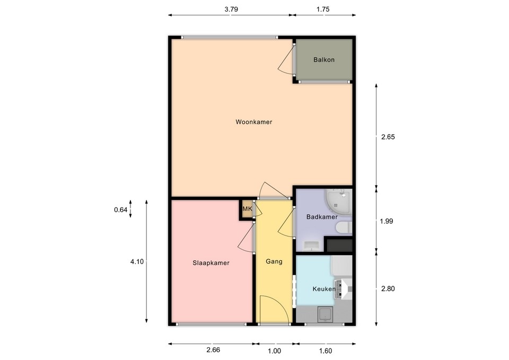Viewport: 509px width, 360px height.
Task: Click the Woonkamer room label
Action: click(x=254, y=122)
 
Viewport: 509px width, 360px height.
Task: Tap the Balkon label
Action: click(x=324, y=60)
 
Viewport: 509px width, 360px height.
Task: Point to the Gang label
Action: click(x=274, y=261)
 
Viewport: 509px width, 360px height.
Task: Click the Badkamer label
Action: click(x=322, y=217)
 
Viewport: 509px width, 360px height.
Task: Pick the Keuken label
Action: click(x=323, y=289)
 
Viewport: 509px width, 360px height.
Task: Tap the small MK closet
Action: click(x=247, y=209)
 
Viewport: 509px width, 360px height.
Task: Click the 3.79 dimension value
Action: click(x=231, y=9)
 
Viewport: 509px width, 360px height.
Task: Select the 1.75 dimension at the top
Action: click(x=323, y=9)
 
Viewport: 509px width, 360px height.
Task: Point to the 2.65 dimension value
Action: click(x=389, y=137)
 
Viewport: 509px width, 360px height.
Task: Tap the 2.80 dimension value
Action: click(x=389, y=289)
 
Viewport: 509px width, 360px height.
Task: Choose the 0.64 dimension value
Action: click(x=121, y=210)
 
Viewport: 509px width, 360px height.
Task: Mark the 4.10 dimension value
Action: click(x=136, y=261)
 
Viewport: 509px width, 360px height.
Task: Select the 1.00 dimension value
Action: click(x=274, y=350)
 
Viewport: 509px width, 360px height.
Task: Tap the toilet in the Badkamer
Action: click(x=344, y=229)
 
